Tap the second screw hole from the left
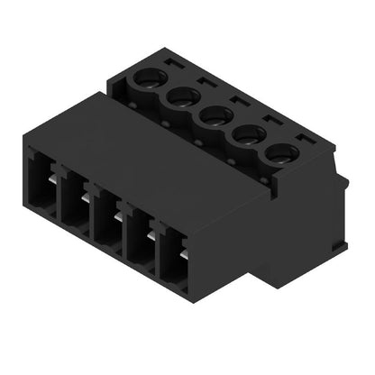pos(181,96)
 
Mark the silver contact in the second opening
pos(87,199)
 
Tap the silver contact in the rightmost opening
pos(184,257)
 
